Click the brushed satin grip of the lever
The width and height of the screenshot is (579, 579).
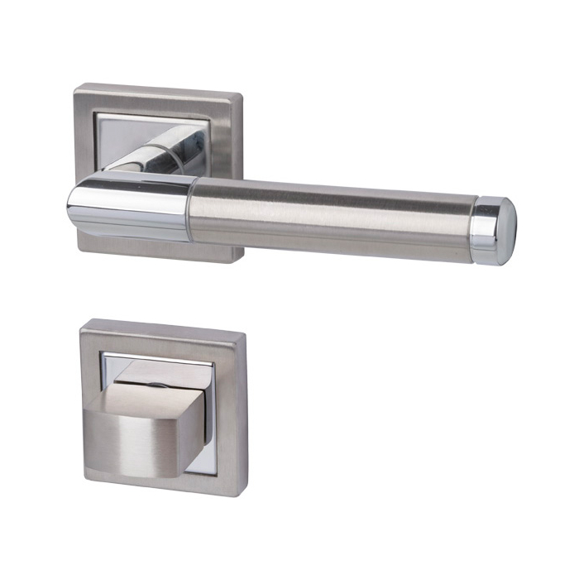click(331, 217)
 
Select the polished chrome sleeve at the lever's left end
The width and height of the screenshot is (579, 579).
click(132, 207)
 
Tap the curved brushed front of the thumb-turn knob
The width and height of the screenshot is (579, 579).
click(141, 438)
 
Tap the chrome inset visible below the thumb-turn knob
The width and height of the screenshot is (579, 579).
click(199, 464)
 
